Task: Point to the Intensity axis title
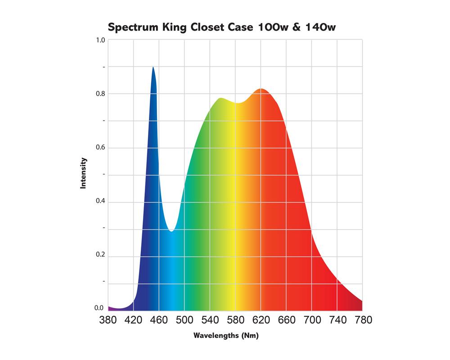[83, 173]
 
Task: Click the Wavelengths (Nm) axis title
[226, 336]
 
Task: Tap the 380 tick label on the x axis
[108, 320]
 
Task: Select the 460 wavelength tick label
[159, 320]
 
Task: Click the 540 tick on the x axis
[210, 320]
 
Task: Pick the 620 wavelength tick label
[261, 320]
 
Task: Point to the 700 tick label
[312, 320]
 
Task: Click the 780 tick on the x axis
[363, 320]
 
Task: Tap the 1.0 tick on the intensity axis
[100, 40]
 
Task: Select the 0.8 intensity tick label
[100, 94]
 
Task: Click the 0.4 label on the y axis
[100, 201]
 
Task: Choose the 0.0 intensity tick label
[99, 308]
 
